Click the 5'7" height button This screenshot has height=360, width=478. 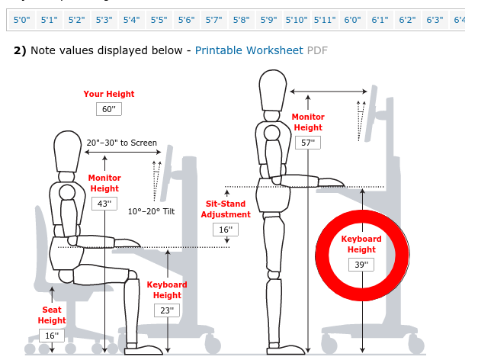pyautogui.click(x=213, y=20)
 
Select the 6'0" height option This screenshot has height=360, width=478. pyautogui.click(x=352, y=20)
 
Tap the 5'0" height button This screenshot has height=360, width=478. pyautogui.click(x=22, y=20)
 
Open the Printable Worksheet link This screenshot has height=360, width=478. pyautogui.click(x=249, y=50)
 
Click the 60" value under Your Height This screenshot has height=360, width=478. pyautogui.click(x=109, y=109)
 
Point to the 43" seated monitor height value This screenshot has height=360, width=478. pyautogui.click(x=104, y=204)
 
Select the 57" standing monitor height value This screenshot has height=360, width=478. pyautogui.click(x=308, y=143)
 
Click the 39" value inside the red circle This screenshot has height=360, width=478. pyautogui.click(x=361, y=265)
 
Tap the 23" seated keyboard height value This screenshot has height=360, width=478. pyautogui.click(x=167, y=310)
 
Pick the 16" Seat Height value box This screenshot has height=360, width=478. pyautogui.click(x=52, y=336)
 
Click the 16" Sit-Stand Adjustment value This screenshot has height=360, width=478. pyautogui.click(x=226, y=230)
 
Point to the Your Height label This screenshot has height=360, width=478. pyautogui.click(x=109, y=94)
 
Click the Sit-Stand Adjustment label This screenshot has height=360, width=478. pyautogui.click(x=226, y=209)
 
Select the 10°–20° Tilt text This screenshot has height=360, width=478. pyautogui.click(x=151, y=211)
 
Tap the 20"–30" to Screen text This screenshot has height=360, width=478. pyautogui.click(x=122, y=143)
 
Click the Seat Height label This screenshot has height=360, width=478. pyautogui.click(x=52, y=315)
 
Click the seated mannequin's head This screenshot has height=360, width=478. pyautogui.click(x=67, y=151)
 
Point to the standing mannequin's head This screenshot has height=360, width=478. pyautogui.click(x=272, y=90)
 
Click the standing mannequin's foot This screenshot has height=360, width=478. pyautogui.click(x=286, y=349)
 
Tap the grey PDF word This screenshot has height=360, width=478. pyautogui.click(x=317, y=50)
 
